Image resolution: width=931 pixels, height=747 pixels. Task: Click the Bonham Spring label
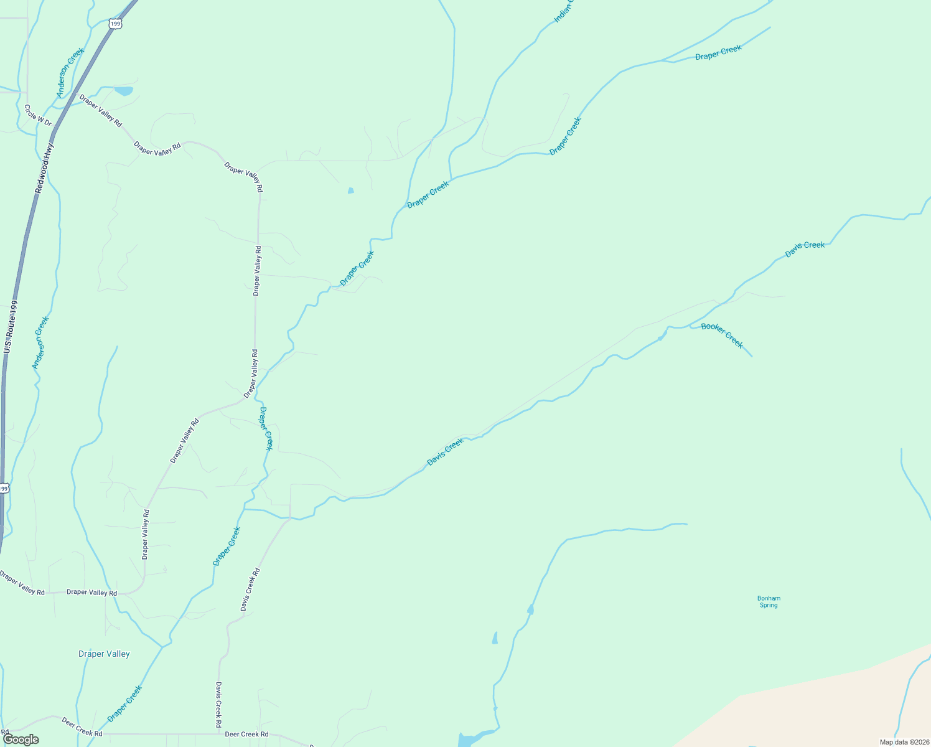coord(769,601)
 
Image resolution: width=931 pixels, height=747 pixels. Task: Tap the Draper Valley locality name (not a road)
coord(104,654)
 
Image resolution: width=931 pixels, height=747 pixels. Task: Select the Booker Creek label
coord(722,335)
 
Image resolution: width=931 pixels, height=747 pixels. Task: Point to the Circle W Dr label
coord(37,115)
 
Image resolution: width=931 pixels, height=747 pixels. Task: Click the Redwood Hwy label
coord(45,168)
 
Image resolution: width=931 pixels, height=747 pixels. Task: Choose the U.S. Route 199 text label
coord(10,327)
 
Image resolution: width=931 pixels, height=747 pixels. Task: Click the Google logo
coord(21,740)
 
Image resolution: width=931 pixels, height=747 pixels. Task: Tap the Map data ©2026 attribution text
coord(904,742)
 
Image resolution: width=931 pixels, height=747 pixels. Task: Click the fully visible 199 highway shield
coord(114,24)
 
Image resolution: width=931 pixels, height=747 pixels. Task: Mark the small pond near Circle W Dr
coord(124,91)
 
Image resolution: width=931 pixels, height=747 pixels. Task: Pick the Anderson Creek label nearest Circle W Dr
coord(70,73)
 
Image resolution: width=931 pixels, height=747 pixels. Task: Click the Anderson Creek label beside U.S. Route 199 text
coord(40,342)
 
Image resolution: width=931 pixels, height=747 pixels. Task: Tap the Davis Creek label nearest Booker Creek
coord(805,249)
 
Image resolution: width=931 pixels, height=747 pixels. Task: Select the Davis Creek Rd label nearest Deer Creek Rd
coord(218,705)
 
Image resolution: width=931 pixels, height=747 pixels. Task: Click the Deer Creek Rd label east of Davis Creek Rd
coord(246,735)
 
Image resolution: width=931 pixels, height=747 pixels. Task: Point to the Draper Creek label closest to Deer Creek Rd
coord(124,703)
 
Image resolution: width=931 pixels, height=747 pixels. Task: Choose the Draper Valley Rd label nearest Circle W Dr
coord(100,111)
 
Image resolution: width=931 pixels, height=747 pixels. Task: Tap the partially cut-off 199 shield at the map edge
coord(3,489)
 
